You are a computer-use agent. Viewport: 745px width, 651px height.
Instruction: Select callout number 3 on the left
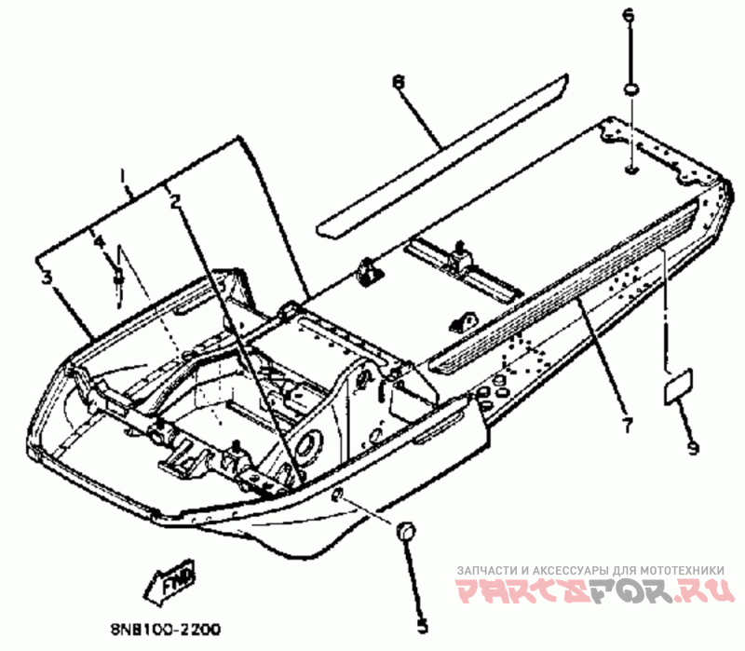tap(43, 276)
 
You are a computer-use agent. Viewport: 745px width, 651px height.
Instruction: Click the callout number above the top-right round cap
tap(627, 16)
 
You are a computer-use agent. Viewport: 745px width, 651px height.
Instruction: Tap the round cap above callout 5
tap(406, 530)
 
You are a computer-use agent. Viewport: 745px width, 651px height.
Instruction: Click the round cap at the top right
tap(630, 90)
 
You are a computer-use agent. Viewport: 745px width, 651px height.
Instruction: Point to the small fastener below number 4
tap(118, 278)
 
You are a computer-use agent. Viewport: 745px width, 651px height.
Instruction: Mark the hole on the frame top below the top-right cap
tap(630, 170)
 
